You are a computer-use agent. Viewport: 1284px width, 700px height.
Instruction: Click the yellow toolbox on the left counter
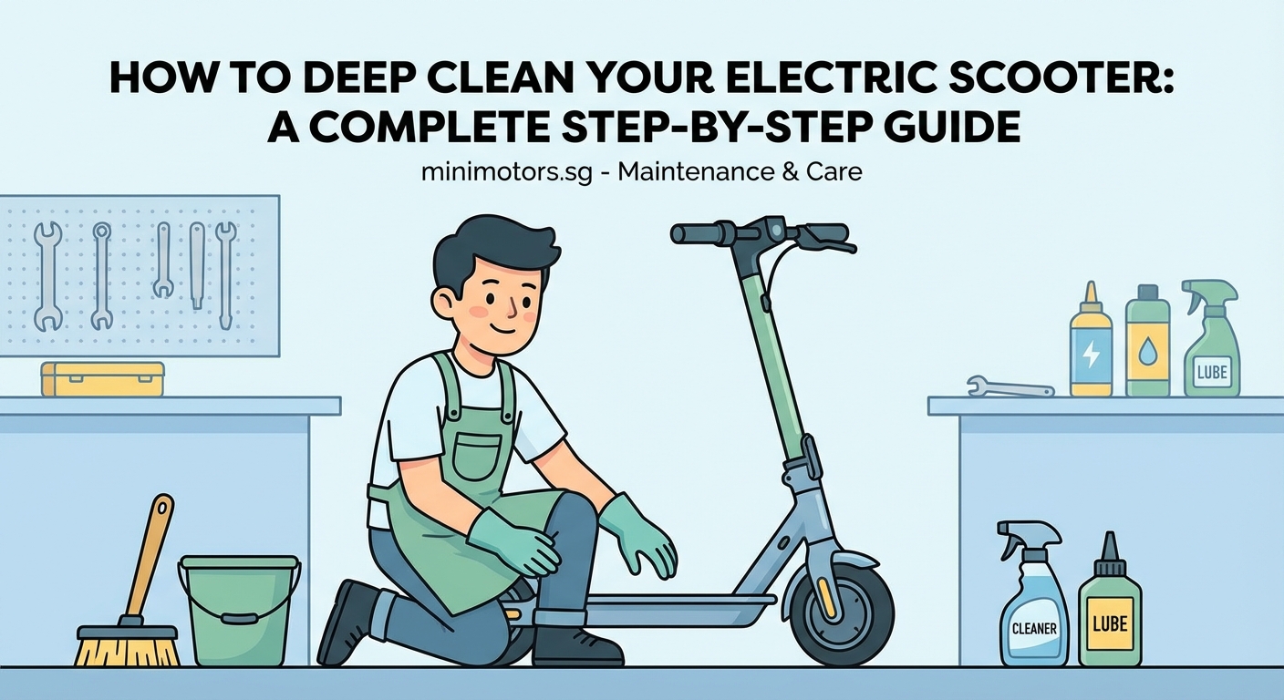tap(102, 378)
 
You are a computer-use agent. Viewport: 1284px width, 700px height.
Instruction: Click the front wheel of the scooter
tap(841, 612)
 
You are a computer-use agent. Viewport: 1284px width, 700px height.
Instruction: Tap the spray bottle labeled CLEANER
tap(1033, 602)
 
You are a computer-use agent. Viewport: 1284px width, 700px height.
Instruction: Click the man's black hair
tap(492, 246)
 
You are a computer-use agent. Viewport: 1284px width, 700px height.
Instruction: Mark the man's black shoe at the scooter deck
tap(575, 643)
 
